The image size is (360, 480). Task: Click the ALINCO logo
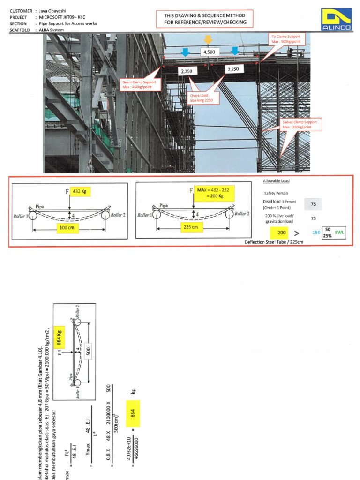[337, 20]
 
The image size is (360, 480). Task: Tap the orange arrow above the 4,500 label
[208, 39]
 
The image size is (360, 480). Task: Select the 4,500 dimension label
[208, 52]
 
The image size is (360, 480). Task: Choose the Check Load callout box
[202, 97]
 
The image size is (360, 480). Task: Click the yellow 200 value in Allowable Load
[281, 232]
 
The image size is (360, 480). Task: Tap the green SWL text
[339, 232]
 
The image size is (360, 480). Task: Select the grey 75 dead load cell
[313, 204]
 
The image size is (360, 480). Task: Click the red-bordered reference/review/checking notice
[206, 19]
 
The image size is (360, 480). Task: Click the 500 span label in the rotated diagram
[88, 351]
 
